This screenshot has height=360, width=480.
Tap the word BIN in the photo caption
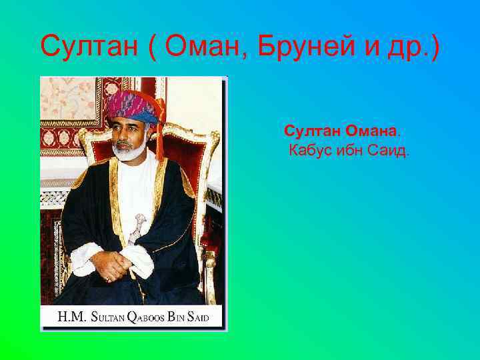[178, 317]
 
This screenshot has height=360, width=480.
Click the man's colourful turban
[133, 106]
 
